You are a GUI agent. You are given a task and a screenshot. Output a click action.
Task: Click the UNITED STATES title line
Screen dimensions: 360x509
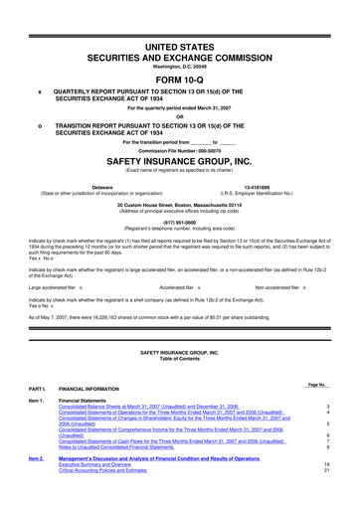coord(179,20)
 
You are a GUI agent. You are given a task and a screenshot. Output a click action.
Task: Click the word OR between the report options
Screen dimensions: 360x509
coord(179,112)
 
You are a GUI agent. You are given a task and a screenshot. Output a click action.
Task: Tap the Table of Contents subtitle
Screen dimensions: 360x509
coord(179,361)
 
